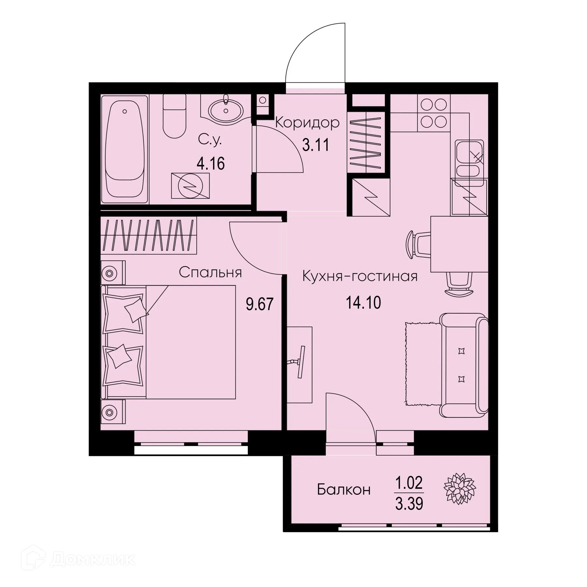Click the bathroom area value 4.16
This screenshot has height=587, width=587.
[210, 164]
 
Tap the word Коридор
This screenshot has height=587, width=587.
[307, 123]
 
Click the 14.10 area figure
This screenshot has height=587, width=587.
[363, 303]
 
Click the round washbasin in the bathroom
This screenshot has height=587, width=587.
[226, 110]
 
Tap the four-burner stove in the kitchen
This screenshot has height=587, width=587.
[434, 113]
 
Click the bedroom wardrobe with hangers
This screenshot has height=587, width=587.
[148, 235]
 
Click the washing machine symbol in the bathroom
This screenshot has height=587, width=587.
[190, 186]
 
